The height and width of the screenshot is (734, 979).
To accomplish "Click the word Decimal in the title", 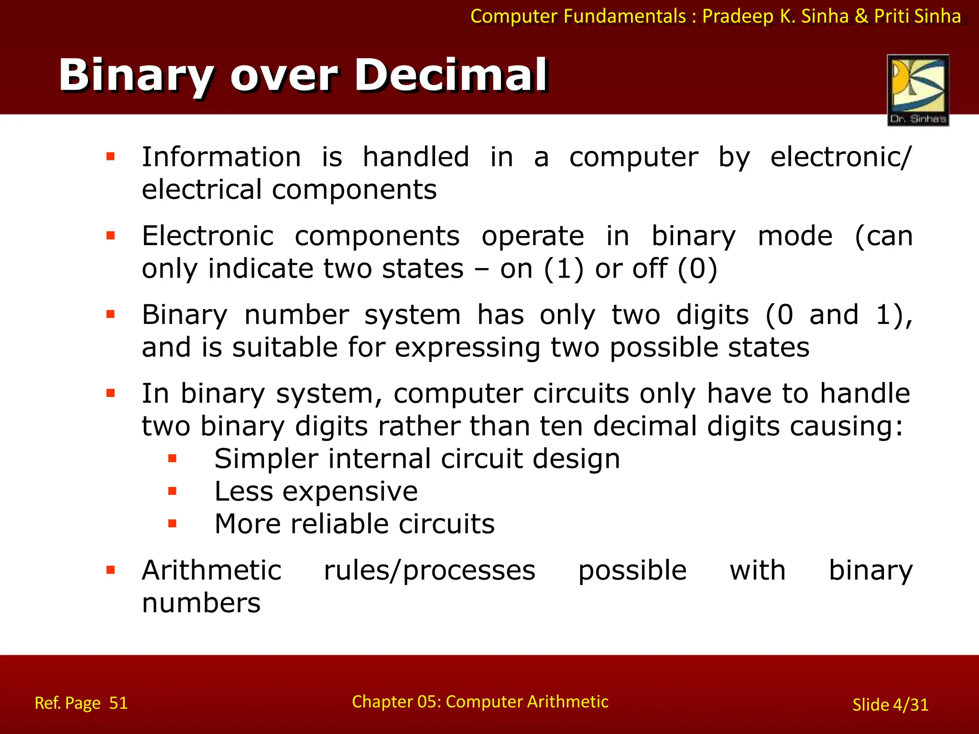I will coord(451,75).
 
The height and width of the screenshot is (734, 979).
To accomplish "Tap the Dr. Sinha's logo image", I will coord(918,90).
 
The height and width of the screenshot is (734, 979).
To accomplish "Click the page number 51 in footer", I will coord(118,703).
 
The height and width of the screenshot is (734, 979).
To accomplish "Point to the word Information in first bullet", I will coord(221,157).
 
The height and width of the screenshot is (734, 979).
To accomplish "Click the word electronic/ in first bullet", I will coord(841,157).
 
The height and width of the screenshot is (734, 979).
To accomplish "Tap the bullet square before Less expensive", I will coord(173,491).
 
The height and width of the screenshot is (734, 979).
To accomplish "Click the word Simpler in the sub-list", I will coord(266,459).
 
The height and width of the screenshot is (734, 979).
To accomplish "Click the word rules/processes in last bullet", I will coord(429,571).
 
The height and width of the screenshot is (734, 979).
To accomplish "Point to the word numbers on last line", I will coord(201,603).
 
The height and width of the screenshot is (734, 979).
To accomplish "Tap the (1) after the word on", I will coord(564,269).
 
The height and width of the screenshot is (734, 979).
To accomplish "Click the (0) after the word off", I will coord(697,269).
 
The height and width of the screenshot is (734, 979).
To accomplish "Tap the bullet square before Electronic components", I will coord(111,236).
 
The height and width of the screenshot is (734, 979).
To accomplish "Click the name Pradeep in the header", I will coord(738,16).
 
